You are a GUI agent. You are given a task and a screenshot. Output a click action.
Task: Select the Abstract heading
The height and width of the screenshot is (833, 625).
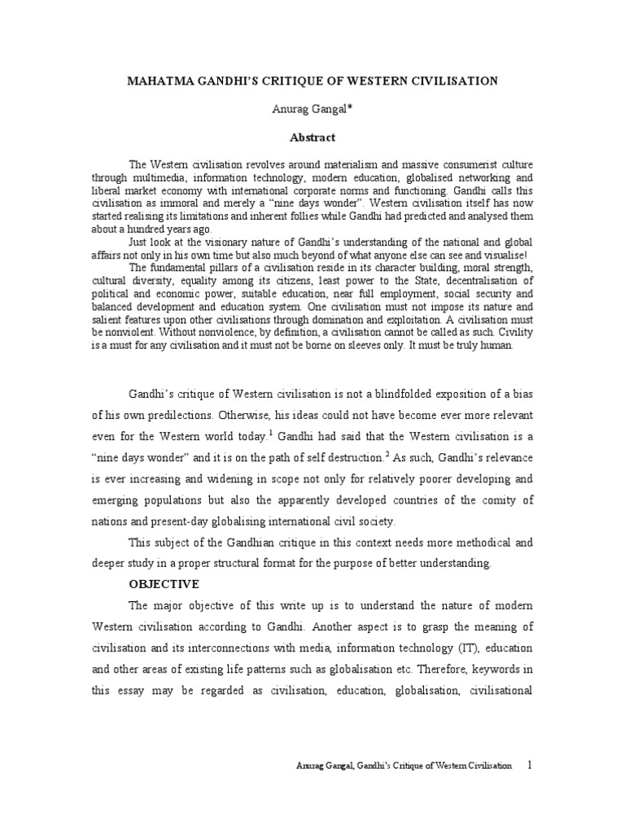pos(312,138)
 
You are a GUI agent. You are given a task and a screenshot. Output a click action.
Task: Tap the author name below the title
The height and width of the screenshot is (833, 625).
pos(312,110)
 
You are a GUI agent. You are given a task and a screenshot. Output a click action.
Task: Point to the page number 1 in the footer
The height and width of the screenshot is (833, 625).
pos(530,765)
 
